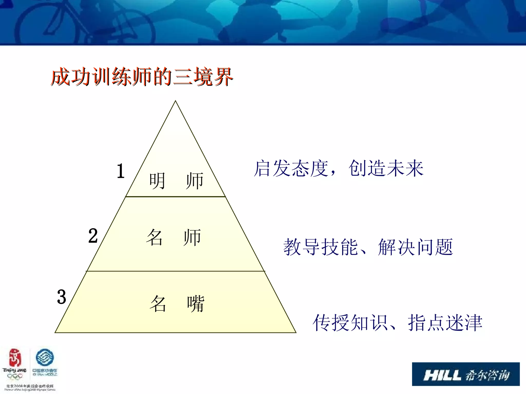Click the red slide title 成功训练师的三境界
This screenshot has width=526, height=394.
[142, 77]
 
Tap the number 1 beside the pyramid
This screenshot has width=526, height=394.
[120, 171]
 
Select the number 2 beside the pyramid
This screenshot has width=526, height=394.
[93, 236]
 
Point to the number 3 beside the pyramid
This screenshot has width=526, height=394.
[62, 297]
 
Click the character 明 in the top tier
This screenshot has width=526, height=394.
[157, 181]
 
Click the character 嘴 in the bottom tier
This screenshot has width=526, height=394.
[196, 304]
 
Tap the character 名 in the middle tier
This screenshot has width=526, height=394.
[154, 237]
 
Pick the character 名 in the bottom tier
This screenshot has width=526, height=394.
[158, 304]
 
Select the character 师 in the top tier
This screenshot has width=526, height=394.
[195, 181]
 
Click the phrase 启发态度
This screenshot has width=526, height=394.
[291, 169]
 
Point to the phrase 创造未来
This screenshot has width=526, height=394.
[386, 169]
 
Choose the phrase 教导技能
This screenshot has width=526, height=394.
[321, 247]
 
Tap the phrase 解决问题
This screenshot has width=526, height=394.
[415, 247]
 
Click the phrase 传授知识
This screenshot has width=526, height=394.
[350, 323]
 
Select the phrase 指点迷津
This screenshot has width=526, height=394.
[445, 323]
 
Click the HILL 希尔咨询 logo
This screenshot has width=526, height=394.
[466, 374]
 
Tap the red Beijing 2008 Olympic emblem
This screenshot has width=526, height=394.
[15, 358]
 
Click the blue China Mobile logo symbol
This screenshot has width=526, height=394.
[45, 357]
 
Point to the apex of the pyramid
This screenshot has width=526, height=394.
[175, 102]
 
